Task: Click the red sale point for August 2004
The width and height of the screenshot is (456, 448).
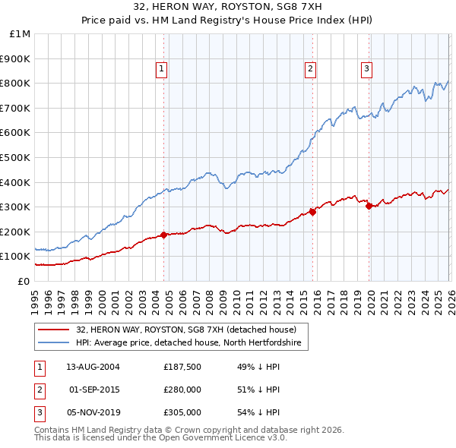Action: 163,235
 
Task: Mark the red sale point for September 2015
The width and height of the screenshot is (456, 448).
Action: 312,212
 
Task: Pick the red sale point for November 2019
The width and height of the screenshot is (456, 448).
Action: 369,206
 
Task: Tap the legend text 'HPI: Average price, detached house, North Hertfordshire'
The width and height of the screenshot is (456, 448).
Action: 188,343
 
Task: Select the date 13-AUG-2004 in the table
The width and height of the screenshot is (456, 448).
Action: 93,367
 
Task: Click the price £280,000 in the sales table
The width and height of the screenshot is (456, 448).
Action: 182,390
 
